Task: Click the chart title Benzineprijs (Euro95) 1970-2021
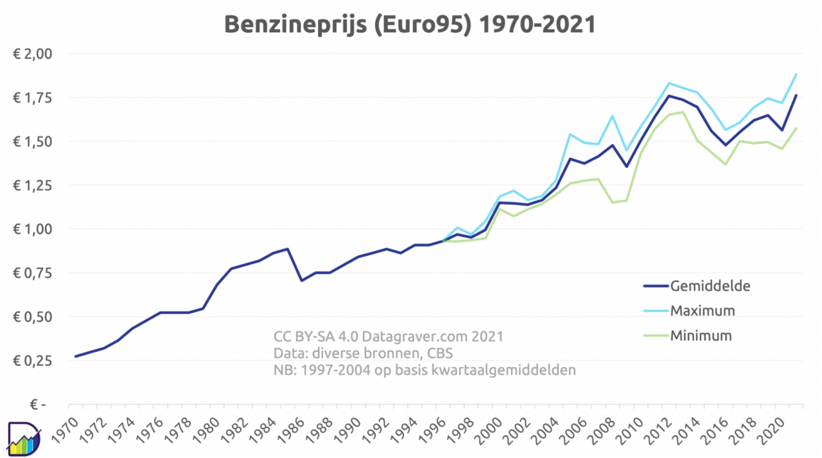click(410, 24)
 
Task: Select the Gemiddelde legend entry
click(710, 286)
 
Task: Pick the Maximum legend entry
click(703, 311)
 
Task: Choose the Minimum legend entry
click(701, 335)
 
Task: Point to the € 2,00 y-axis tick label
click(32, 53)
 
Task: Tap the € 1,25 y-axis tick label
click(32, 185)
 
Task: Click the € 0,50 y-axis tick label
click(32, 317)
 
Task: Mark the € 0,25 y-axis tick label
click(32, 361)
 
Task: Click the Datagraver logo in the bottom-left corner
click(23, 439)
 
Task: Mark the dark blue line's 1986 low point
click(301, 280)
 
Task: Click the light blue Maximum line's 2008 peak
click(612, 116)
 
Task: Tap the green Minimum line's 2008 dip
click(612, 202)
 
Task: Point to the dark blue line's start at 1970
click(76, 356)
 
